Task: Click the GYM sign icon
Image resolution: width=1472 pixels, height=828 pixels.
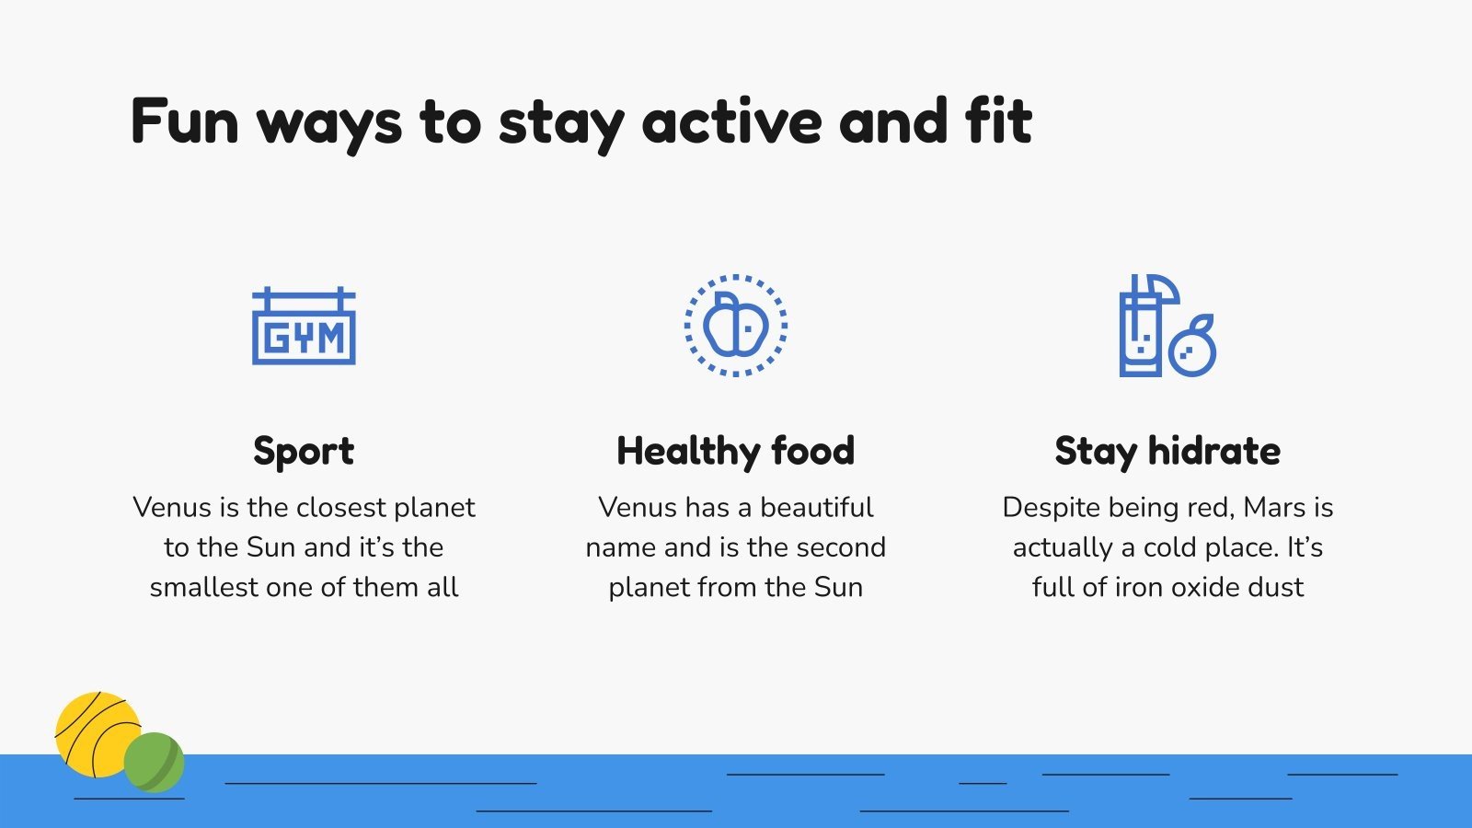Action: coord(304,326)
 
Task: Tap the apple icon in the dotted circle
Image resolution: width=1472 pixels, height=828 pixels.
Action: coord(735,325)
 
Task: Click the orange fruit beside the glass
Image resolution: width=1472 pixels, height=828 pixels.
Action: coord(1192,346)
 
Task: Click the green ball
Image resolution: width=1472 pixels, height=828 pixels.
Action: coord(154,763)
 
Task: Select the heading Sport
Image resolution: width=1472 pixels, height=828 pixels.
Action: coord(304,452)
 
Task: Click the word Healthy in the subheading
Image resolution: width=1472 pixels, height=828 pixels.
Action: coord(687,451)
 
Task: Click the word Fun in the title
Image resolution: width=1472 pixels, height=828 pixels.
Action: coord(185,121)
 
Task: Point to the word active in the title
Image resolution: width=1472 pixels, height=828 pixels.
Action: coord(732,121)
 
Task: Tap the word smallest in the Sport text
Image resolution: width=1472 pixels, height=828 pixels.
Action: coord(203,587)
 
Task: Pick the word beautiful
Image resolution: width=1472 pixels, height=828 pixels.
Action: coord(817,507)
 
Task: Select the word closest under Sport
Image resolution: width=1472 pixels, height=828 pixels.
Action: coord(341,507)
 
